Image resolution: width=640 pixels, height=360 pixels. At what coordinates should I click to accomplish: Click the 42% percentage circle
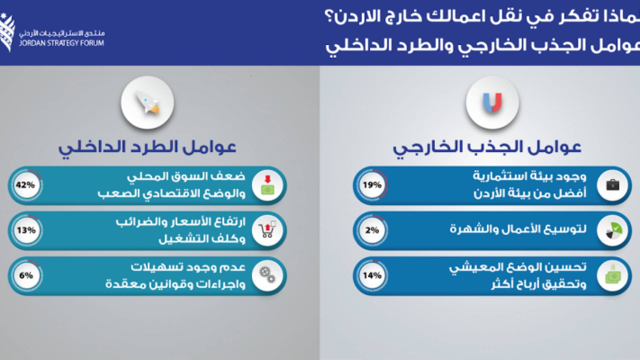26,185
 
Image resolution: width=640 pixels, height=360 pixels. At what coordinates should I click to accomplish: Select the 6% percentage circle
26,276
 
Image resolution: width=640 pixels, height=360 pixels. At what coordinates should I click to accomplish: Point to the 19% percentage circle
372,185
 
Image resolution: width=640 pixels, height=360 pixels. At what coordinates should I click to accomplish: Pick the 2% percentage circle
372,230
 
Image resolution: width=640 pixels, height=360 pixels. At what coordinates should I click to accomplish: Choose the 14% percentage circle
372,276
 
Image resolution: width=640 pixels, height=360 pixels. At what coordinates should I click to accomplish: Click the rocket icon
147,103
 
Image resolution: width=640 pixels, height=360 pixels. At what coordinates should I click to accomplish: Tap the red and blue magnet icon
492,103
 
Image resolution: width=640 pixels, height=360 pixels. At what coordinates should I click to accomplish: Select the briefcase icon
613,185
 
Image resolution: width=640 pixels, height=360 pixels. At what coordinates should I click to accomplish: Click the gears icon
267,276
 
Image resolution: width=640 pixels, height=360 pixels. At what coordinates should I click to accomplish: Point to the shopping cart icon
267,230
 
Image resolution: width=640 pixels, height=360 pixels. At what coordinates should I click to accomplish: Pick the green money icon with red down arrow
267,185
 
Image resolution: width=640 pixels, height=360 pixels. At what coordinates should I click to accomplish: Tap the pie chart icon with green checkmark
613,230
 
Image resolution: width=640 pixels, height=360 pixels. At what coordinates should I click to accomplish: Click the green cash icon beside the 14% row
613,276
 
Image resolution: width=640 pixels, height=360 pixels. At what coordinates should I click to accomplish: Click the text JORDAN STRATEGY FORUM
61,43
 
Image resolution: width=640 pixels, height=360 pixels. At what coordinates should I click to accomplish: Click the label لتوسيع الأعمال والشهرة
518,230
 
